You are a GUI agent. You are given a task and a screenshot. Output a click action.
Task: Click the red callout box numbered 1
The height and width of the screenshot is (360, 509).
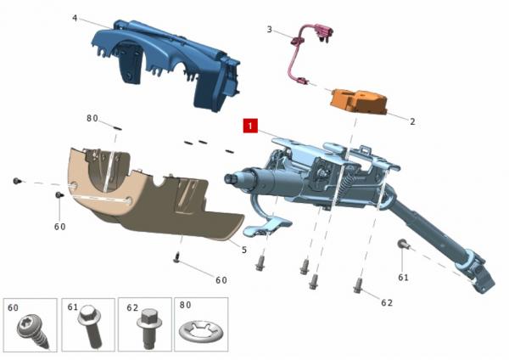[250, 126]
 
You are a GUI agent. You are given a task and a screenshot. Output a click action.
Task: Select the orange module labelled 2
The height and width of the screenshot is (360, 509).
[358, 101]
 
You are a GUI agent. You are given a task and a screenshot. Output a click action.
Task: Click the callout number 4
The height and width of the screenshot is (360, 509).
[75, 18]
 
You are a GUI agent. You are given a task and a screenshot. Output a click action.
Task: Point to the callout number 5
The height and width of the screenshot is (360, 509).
[244, 250]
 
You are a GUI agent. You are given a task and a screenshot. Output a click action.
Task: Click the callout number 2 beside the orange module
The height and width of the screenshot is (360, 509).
[412, 121]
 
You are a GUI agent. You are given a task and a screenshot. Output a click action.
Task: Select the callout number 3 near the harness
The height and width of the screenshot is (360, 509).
[269, 30]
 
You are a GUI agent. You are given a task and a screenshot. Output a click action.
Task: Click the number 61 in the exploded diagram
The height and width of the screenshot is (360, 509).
[403, 278]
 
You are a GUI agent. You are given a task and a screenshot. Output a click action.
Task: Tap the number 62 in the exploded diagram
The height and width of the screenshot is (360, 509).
[387, 303]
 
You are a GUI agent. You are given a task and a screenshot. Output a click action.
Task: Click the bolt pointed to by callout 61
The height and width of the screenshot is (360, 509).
[402, 244]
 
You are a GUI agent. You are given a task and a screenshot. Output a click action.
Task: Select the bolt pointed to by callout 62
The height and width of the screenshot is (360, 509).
[357, 285]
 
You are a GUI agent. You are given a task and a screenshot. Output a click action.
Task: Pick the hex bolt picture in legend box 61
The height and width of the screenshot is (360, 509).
[90, 326]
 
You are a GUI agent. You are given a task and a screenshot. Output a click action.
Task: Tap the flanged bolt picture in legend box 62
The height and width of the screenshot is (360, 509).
[149, 328]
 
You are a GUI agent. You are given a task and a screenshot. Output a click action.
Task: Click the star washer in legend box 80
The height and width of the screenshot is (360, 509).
[201, 331]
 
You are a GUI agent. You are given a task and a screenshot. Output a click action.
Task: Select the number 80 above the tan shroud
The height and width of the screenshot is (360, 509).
[92, 119]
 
